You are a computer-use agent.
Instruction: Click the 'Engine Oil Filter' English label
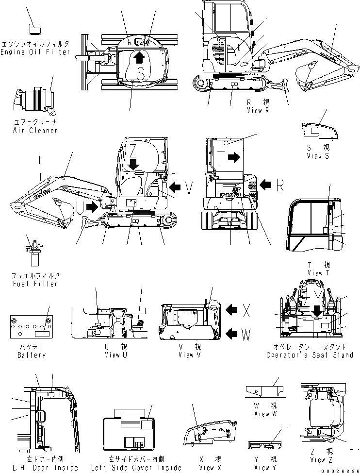point(35,52)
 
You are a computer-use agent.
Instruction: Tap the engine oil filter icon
point(35,29)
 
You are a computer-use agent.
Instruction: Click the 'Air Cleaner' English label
point(35,130)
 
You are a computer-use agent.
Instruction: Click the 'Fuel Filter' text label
point(35,284)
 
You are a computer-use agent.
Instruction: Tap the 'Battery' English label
point(32,355)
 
